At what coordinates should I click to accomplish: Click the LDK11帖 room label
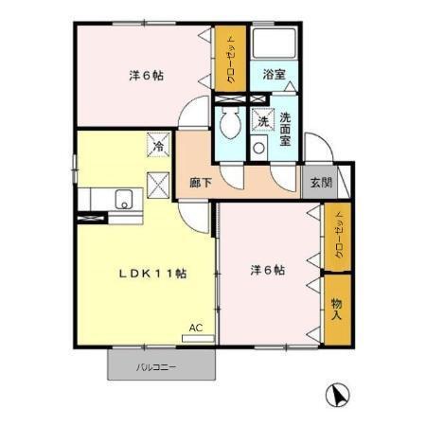(151, 273)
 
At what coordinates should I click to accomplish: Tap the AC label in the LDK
(195, 328)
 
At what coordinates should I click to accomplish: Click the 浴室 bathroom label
(275, 74)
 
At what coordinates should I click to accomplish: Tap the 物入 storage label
(336, 309)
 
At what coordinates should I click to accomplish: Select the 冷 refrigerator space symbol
(158, 146)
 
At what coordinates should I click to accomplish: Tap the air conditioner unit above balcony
(197, 336)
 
